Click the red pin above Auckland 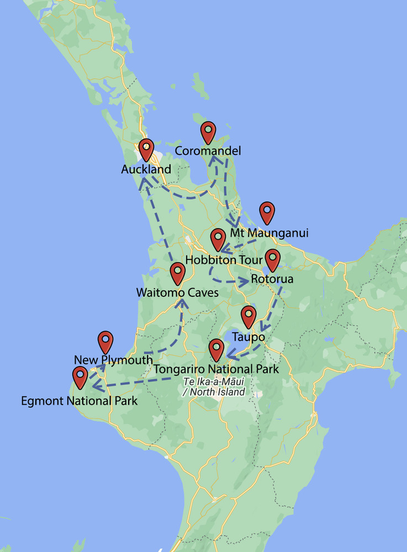(x=146, y=149)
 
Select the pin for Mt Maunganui (x=267, y=212)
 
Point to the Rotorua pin (x=272, y=259)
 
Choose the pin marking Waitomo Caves (x=177, y=273)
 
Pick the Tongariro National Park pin (x=216, y=349)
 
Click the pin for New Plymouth (x=105, y=342)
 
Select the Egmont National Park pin (x=80, y=377)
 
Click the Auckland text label (x=146, y=169)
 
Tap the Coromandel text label (x=208, y=151)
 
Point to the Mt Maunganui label (x=269, y=233)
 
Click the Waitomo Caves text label (x=177, y=293)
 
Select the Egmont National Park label (x=79, y=401)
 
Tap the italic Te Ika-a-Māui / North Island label (x=214, y=387)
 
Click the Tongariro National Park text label (x=216, y=369)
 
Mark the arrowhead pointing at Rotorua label (x=244, y=281)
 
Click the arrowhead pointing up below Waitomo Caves (x=182, y=302)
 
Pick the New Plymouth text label (x=113, y=360)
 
